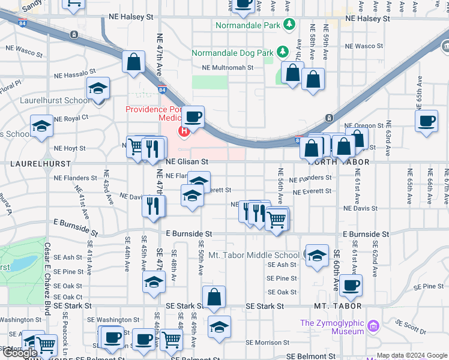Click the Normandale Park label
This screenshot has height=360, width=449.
point(248,26)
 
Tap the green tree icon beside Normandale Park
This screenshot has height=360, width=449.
point(290,25)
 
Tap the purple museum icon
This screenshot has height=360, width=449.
point(374,326)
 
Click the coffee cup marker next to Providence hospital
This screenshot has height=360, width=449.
point(193,117)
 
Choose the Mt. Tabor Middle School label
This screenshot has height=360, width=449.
point(253,255)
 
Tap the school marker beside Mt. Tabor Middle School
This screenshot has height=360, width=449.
point(316,256)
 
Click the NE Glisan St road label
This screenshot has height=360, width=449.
point(187,162)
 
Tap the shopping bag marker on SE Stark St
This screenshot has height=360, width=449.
point(214,297)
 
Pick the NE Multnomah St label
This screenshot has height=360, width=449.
point(227,68)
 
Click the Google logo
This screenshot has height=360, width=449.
point(20,353)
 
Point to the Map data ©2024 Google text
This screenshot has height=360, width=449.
point(411,355)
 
